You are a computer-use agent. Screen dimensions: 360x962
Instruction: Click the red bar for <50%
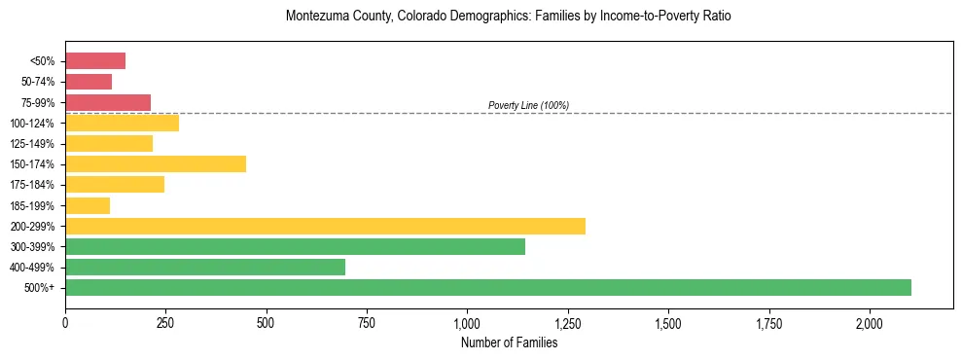click(95, 61)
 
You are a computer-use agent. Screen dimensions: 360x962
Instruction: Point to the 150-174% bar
click(156, 163)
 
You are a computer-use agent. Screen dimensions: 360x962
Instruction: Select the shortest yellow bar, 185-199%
click(88, 205)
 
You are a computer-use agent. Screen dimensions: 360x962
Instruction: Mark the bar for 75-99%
click(108, 102)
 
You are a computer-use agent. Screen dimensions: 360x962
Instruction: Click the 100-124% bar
click(122, 123)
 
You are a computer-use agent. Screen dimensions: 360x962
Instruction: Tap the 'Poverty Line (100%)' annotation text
click(528, 105)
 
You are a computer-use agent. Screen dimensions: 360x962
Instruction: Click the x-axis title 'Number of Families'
click(509, 342)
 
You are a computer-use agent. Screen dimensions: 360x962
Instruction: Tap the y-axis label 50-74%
click(38, 82)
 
